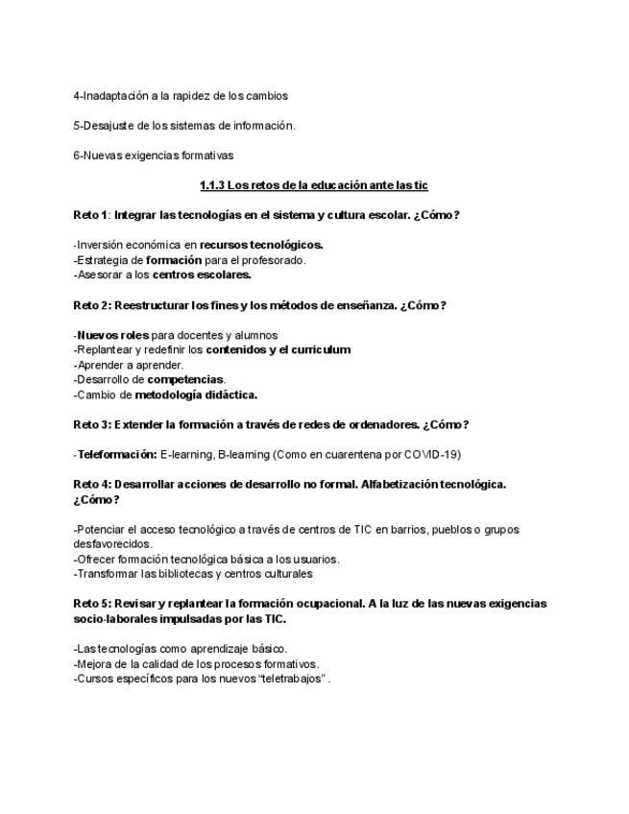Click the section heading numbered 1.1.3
314,185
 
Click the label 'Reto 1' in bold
91,215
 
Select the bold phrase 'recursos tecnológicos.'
261,245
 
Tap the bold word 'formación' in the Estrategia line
174,259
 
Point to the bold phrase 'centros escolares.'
202,275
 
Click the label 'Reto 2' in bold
91,305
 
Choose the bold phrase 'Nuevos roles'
112,335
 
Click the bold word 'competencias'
185,379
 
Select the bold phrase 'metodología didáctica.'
196,395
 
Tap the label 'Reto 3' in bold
91,424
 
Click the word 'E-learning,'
188,454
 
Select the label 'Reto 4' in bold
91,484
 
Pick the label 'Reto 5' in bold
91,604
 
